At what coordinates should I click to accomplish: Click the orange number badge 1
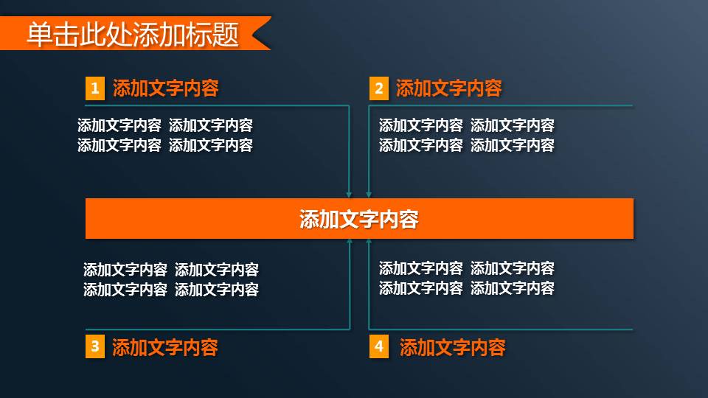(x=94, y=89)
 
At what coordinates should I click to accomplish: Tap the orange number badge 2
(x=378, y=89)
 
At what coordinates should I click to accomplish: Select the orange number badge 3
(x=94, y=346)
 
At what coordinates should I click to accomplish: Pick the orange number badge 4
(x=378, y=346)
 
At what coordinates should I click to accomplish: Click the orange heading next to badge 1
(x=166, y=89)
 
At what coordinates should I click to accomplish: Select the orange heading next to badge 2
(x=449, y=89)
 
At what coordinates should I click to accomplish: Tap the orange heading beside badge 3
(x=165, y=347)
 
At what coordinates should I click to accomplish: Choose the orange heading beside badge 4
(x=453, y=347)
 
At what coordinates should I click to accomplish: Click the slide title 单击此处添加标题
(x=133, y=34)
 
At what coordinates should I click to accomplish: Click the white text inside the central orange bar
(x=359, y=219)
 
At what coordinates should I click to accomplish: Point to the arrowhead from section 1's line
(x=349, y=195)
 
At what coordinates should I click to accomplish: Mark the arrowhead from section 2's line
(x=368, y=195)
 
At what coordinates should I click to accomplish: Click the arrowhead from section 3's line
(x=349, y=242)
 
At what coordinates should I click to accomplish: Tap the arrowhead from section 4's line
(x=368, y=242)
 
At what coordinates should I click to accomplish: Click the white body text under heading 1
(x=165, y=136)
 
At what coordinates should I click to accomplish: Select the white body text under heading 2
(x=467, y=136)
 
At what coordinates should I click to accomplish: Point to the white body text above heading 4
(x=467, y=279)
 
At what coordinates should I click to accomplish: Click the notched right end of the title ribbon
(x=260, y=34)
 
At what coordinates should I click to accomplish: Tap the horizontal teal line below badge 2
(x=502, y=106)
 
